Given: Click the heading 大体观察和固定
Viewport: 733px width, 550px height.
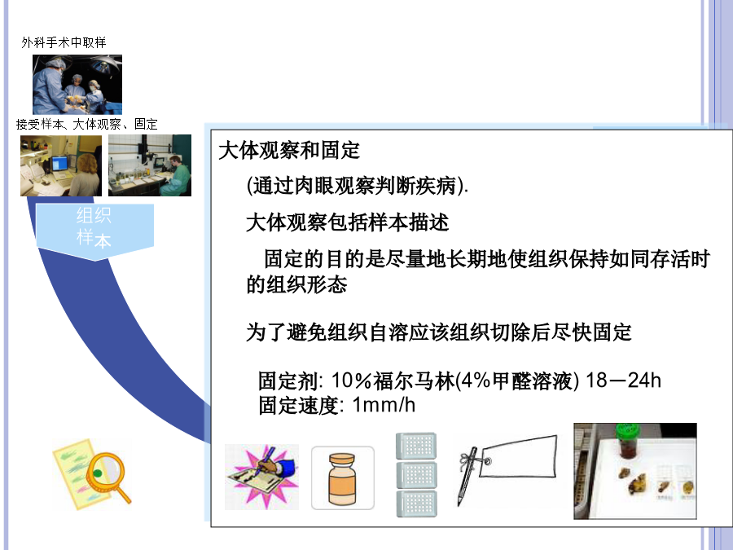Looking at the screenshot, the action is (289, 151).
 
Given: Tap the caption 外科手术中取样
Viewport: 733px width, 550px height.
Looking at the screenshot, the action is (64, 42).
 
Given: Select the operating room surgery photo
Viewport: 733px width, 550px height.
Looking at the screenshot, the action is (77, 84).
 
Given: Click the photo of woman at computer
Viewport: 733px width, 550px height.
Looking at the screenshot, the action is (61, 165).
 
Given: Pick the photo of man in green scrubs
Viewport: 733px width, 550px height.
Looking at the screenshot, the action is (150, 165).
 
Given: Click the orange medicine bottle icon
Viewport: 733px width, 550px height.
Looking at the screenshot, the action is (343, 478).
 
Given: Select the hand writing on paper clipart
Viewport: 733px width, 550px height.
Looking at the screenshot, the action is (261, 477).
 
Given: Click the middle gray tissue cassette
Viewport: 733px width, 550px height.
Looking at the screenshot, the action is (417, 475).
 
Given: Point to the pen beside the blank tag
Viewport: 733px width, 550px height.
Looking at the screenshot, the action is (466, 476).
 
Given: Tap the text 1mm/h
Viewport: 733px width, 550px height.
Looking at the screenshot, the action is (384, 404).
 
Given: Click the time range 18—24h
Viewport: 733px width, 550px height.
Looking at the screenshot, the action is (623, 381).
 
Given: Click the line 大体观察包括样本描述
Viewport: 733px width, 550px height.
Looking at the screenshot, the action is (347, 222).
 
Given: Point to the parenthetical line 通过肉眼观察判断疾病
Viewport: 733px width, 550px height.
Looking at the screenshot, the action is (357, 186).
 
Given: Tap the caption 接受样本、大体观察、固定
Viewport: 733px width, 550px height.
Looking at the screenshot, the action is (87, 124).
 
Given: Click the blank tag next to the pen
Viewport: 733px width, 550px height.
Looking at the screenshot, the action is (519, 456).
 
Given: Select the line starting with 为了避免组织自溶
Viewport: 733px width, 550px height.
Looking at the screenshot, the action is (438, 332).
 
